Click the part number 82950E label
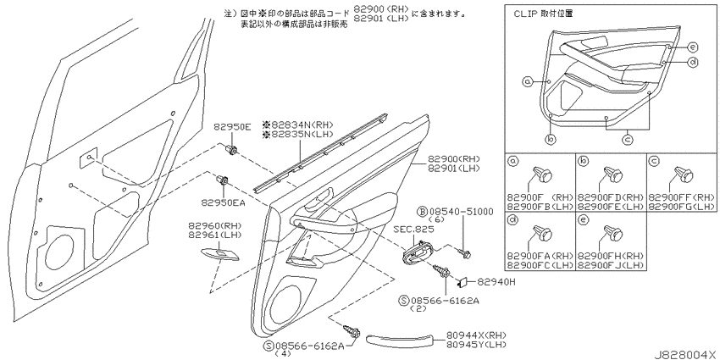[x=232, y=127]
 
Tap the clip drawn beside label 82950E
[x=232, y=149]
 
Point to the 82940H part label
[x=496, y=282]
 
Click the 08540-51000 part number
[x=462, y=212]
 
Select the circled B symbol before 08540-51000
[x=423, y=212]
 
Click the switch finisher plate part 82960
[x=220, y=254]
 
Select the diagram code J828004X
[x=685, y=355]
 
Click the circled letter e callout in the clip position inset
[x=693, y=47]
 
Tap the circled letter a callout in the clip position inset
[x=528, y=81]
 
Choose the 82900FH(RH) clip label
[x=611, y=256]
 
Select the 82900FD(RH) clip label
[x=611, y=197]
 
